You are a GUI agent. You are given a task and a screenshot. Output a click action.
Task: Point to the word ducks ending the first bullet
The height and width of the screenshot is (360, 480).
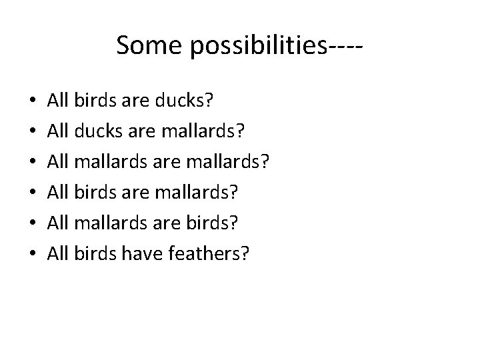tap(179, 101)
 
